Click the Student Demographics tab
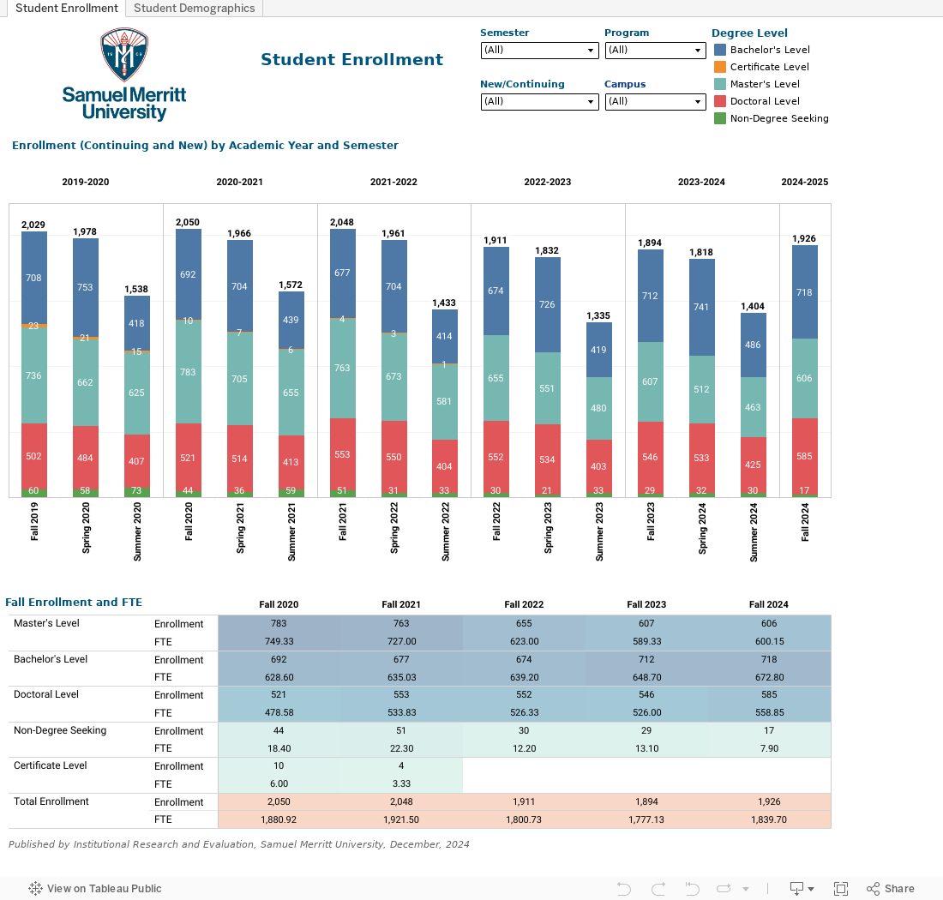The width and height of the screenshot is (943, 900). (195, 9)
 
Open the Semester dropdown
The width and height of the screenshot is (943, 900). (539, 51)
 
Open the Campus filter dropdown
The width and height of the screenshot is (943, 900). (655, 102)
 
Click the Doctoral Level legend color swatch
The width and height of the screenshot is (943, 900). (720, 101)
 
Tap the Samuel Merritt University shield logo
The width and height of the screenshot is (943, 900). (124, 54)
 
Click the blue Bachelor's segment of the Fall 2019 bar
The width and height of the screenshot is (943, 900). (34, 278)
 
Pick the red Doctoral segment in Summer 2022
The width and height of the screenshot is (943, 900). (444, 466)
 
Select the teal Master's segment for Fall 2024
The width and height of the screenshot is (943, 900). (805, 378)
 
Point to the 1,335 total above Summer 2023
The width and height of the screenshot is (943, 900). (598, 315)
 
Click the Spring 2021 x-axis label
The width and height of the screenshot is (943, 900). (240, 528)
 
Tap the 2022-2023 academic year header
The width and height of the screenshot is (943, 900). (547, 183)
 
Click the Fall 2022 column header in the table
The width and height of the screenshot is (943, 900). (524, 604)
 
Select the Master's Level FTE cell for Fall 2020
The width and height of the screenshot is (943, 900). (279, 641)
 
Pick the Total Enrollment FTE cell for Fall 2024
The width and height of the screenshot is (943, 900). (769, 819)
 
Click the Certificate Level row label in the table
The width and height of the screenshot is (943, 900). (51, 765)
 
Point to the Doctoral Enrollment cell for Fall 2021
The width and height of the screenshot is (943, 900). (401, 694)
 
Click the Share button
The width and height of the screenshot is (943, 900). (891, 889)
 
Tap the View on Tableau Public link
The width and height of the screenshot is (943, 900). (95, 889)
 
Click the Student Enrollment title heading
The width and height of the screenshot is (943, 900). (351, 59)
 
